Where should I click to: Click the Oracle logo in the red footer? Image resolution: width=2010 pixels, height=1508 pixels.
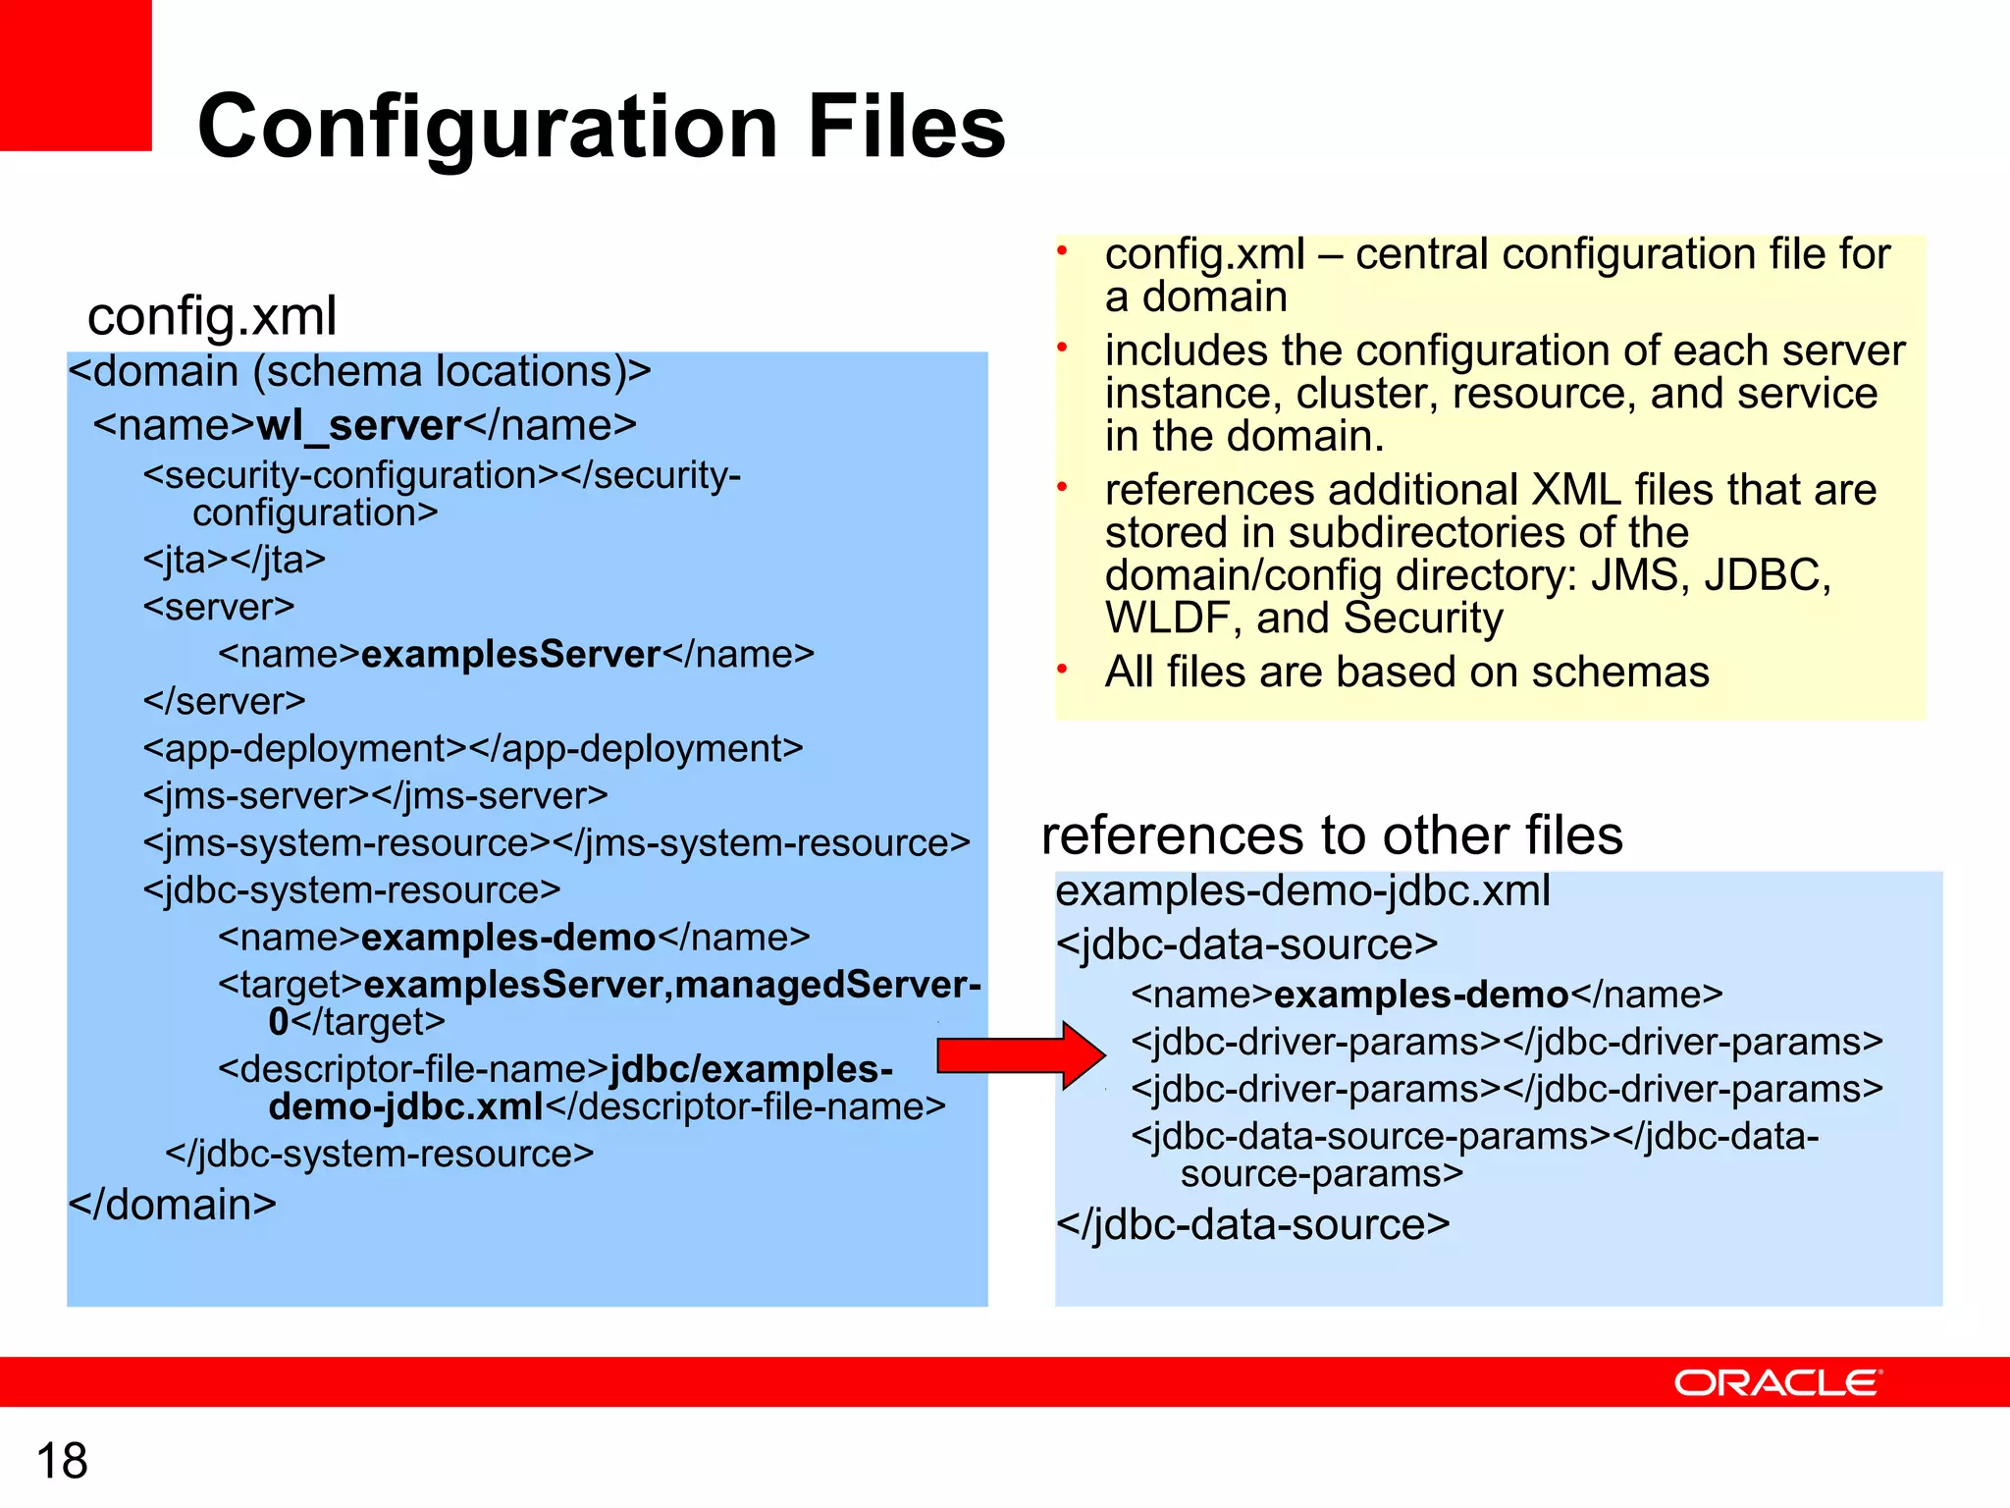click(1777, 1382)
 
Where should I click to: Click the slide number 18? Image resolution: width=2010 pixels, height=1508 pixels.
click(62, 1460)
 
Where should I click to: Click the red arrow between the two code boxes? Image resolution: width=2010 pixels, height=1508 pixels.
click(1021, 1055)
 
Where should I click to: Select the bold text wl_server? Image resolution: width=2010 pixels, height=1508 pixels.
click(358, 425)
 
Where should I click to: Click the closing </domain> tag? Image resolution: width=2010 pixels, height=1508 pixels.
click(173, 1204)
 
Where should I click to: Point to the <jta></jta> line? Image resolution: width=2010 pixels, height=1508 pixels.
click(234, 560)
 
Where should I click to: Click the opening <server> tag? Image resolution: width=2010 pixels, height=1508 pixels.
click(218, 607)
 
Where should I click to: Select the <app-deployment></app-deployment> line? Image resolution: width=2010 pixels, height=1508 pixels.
click(472, 748)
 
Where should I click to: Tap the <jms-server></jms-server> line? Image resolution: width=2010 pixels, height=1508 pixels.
click(375, 795)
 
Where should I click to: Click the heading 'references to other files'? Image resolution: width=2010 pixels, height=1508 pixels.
click(1331, 835)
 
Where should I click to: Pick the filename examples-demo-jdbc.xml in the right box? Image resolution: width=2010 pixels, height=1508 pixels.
click(1302, 890)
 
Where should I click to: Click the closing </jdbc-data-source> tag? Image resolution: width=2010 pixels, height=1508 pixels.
click(1252, 1224)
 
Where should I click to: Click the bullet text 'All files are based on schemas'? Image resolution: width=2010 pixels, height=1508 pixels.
click(1406, 673)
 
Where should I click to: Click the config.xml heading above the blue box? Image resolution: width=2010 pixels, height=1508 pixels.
click(212, 316)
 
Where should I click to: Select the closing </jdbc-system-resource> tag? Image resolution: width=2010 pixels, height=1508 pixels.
click(379, 1154)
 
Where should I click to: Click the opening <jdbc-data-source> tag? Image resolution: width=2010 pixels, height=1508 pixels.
click(1246, 944)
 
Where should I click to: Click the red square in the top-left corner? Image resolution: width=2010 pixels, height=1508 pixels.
click(76, 75)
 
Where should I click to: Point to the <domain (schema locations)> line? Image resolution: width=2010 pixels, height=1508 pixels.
click(359, 371)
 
